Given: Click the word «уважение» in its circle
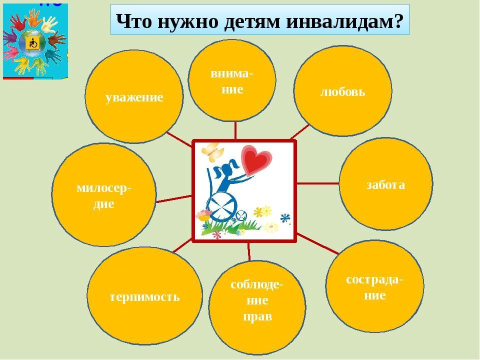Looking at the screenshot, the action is pos(134,98).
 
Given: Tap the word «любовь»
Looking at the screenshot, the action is pos(343,91).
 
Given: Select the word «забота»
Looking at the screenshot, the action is pos(385,184).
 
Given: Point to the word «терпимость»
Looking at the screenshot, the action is pos(144,297).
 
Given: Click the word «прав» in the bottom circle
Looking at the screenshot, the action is pos(257,316).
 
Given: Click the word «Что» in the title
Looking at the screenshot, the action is pos(134,21).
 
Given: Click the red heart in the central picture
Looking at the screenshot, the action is pos(256,159).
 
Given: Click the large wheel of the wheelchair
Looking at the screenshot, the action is pos(222,206).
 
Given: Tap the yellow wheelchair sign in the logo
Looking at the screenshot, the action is pos(32,43).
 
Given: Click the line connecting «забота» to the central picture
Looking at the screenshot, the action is pos(317,183).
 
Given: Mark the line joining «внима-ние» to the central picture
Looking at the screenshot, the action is pos(235,130).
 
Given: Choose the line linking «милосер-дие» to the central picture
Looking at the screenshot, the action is pos(174,199).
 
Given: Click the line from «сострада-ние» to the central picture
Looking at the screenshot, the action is pos(318,244).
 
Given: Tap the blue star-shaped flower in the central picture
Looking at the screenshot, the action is pos(285,218).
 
